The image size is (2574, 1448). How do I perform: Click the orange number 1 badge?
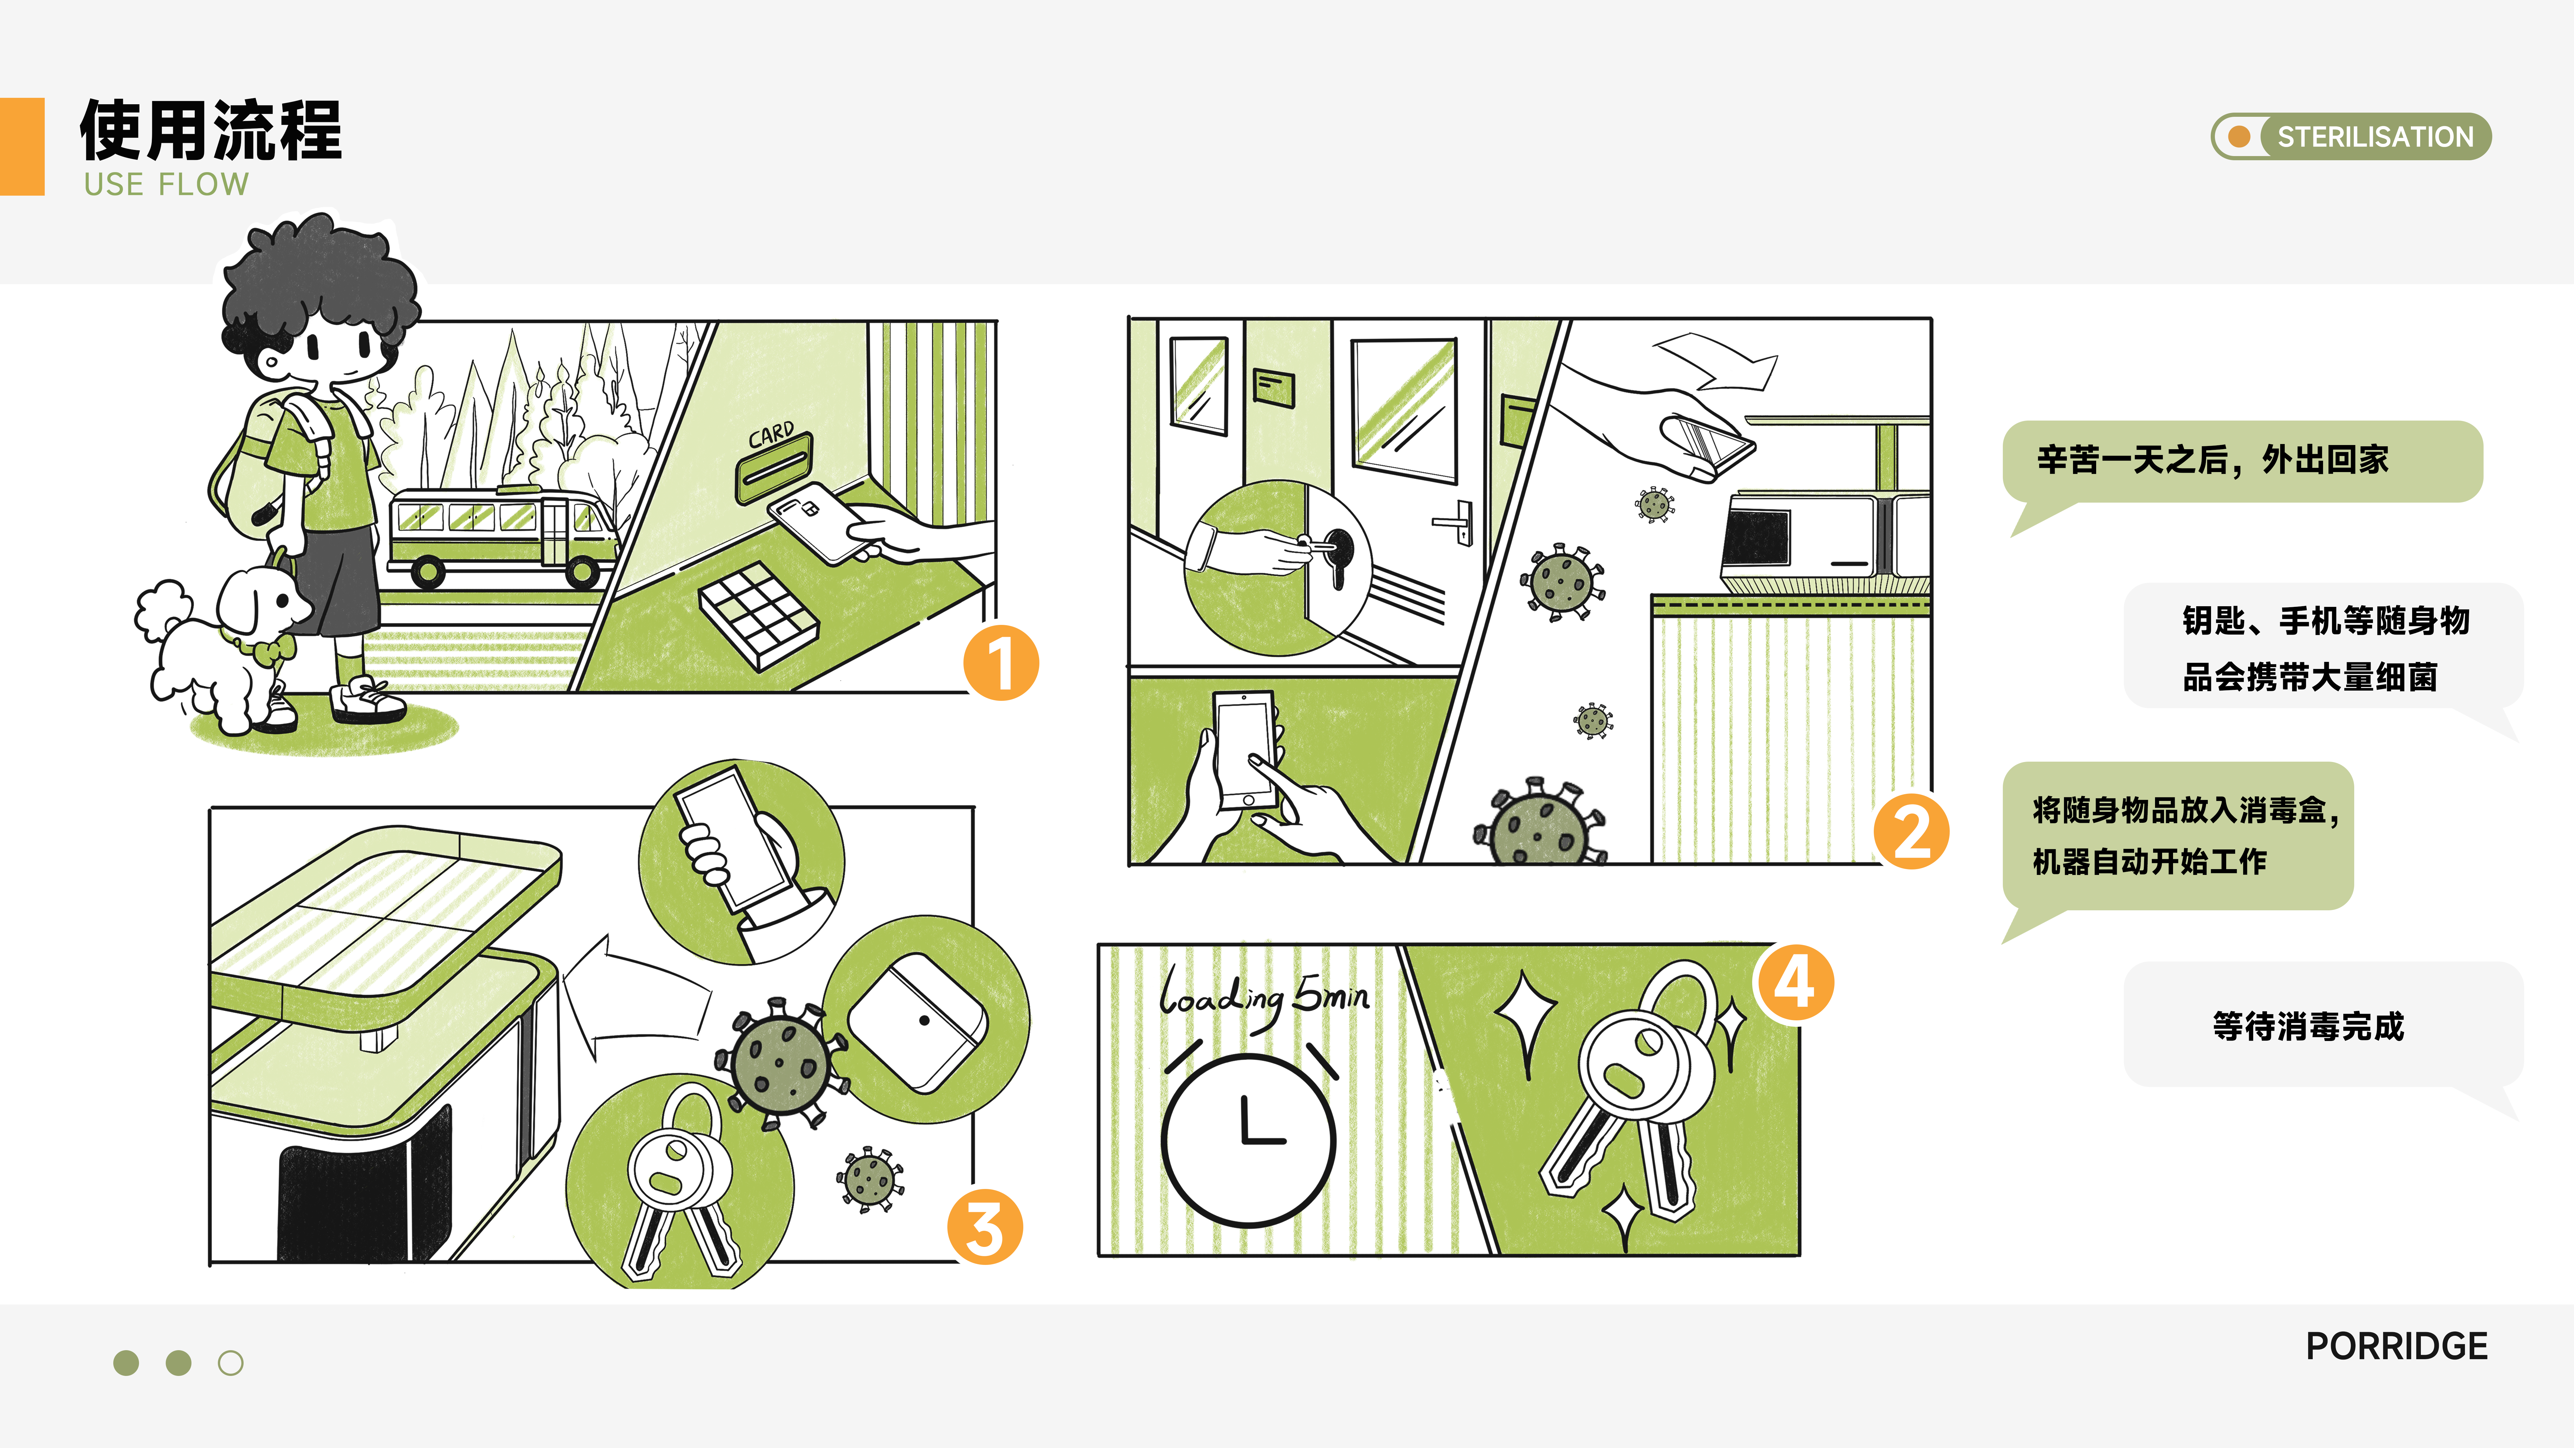(1000, 663)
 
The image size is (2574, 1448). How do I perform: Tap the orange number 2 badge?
(1910, 831)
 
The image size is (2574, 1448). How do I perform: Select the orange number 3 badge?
(984, 1227)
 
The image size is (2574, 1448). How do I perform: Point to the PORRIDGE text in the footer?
(2396, 1346)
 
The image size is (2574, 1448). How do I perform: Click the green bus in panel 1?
(500, 534)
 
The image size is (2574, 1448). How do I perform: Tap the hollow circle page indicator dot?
(231, 1363)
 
